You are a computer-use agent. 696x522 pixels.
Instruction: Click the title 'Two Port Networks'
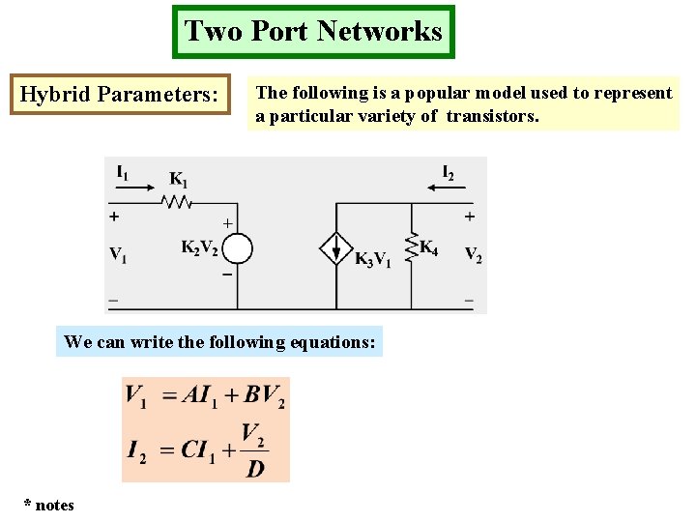click(x=313, y=31)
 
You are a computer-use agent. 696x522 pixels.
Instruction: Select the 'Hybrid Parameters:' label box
click(x=120, y=95)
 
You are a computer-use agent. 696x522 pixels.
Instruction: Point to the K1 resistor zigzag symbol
click(x=178, y=202)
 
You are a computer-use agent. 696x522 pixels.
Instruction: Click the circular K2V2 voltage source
click(x=237, y=249)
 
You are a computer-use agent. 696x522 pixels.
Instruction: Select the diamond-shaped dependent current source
click(x=335, y=249)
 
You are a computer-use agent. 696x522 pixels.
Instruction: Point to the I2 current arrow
click(x=444, y=189)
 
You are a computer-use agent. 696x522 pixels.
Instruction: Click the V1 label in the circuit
click(x=118, y=255)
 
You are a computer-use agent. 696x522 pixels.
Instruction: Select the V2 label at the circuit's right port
click(x=473, y=255)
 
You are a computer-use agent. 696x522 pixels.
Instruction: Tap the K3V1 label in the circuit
click(x=372, y=259)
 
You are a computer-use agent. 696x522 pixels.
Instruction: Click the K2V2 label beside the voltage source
click(x=199, y=247)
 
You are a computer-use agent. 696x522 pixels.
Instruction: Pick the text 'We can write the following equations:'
click(x=219, y=341)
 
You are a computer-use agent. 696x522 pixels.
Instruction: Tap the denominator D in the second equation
click(x=254, y=469)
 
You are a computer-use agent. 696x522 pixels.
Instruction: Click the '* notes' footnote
click(x=49, y=505)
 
